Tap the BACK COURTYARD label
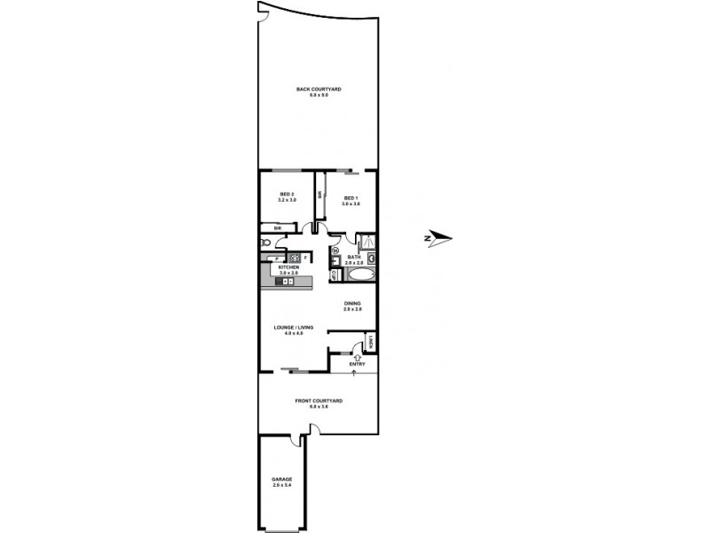319,91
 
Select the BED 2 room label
286,197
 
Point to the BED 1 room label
350,200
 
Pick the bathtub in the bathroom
359,276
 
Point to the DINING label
353,306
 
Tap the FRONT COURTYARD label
319,402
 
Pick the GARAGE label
281,481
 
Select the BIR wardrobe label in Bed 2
278,228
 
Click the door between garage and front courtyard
307,434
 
